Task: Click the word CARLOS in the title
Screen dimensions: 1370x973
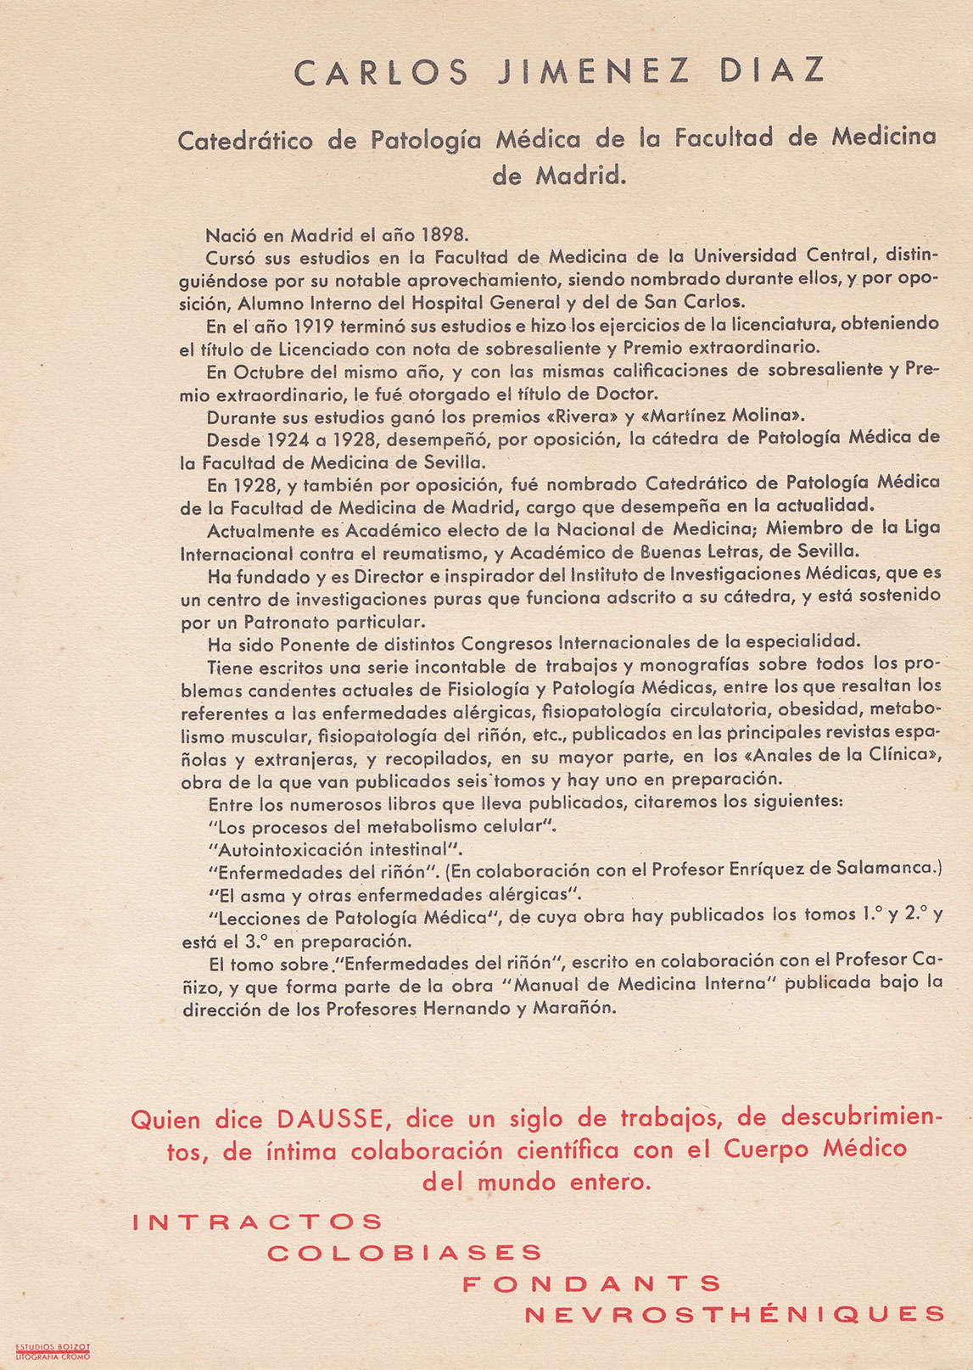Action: click(x=381, y=72)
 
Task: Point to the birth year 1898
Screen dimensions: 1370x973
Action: click(x=445, y=235)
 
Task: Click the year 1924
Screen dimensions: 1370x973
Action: click(x=294, y=440)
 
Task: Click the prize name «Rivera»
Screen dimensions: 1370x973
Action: click(x=584, y=416)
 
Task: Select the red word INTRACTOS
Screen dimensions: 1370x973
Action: click(x=258, y=1222)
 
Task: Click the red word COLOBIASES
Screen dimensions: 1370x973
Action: click(x=405, y=1253)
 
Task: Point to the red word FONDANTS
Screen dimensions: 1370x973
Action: click(x=591, y=1283)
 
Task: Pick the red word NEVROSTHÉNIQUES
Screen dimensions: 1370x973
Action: click(x=735, y=1315)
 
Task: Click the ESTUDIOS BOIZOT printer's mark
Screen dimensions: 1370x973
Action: click(x=53, y=1346)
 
